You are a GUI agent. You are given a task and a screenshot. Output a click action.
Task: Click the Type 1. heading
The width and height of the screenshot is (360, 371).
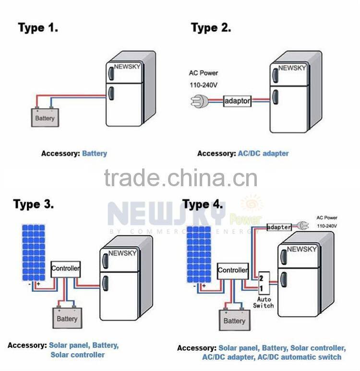38,27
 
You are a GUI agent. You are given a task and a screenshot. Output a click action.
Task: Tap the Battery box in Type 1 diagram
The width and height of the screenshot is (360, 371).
45,118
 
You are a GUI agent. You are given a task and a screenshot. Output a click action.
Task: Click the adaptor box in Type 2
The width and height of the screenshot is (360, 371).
238,102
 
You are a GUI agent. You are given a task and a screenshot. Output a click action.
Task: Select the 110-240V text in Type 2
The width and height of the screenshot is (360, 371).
204,85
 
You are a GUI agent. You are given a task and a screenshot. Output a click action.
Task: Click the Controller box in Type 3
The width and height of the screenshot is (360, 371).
66,268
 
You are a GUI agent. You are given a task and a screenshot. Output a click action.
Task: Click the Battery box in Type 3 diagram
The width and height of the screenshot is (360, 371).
66,318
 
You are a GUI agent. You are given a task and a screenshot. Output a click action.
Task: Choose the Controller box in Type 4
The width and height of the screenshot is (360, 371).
233,271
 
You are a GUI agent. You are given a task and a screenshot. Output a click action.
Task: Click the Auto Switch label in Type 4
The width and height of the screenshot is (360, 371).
263,302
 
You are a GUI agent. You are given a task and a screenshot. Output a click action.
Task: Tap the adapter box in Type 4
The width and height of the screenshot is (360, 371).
279,227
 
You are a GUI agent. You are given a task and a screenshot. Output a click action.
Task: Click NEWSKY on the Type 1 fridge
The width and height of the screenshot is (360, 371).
127,66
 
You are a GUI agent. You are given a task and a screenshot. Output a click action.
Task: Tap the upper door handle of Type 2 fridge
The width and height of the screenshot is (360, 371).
275,75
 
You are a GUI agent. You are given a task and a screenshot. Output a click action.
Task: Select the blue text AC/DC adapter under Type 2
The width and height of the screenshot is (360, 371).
263,154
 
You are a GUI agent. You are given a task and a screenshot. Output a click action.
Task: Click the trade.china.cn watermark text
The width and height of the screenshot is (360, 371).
180,178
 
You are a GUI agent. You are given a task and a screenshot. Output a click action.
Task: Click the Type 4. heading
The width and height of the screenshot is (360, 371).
204,204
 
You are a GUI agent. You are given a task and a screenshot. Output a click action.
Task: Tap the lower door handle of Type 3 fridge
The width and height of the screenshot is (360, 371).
105,283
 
